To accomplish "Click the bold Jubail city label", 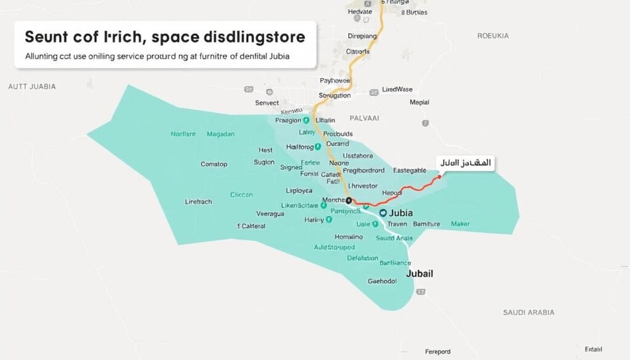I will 420,273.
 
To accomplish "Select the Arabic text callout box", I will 466,162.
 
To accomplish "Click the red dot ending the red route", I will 439,177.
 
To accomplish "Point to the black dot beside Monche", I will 349,201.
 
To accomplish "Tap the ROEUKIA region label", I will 493,36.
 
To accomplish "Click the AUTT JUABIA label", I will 32,87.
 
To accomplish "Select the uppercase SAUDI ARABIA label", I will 528,313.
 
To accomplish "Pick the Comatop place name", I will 214,164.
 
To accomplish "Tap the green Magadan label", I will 221,134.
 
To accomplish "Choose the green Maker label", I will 460,224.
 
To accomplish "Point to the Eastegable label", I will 409,170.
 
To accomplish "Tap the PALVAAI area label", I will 364,117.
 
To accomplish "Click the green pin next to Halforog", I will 318,147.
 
